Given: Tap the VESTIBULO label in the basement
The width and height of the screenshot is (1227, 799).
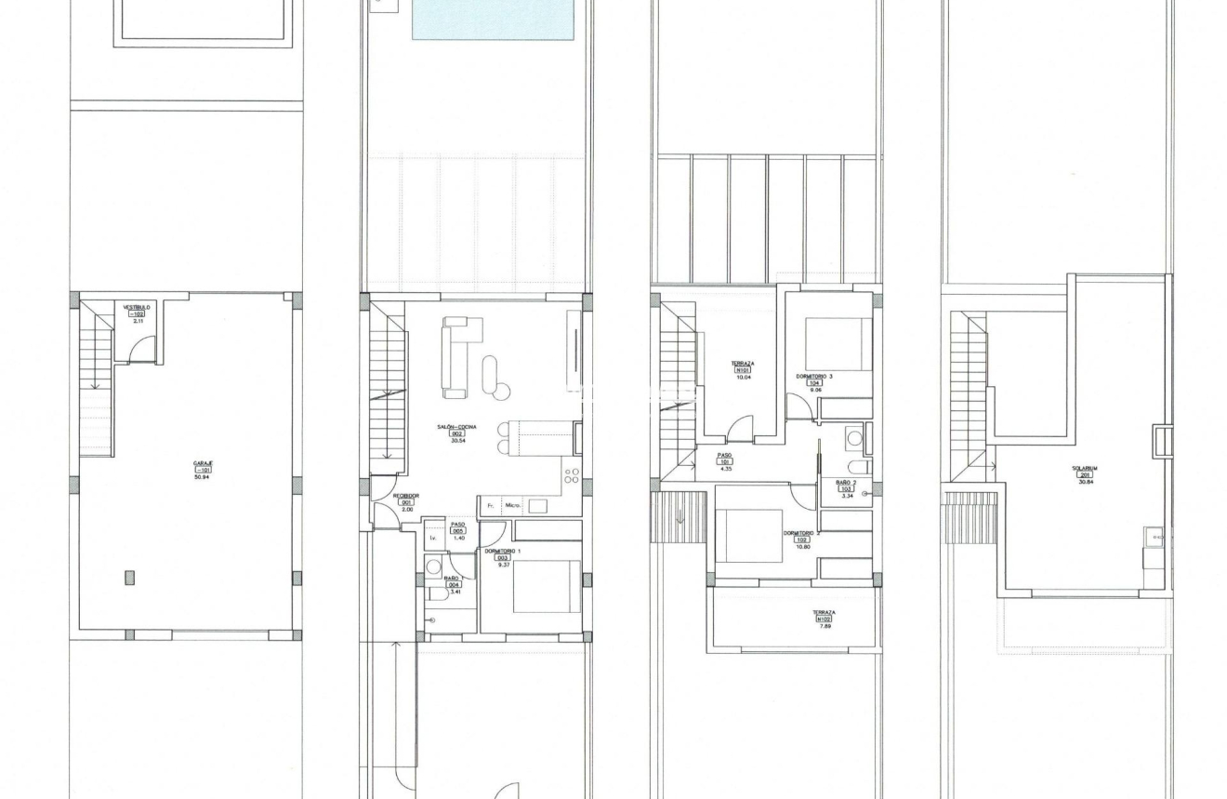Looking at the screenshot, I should (136, 306).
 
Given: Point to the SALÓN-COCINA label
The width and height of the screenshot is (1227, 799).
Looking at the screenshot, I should (457, 427).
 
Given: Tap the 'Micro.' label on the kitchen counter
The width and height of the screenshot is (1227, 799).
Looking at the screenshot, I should (512, 506).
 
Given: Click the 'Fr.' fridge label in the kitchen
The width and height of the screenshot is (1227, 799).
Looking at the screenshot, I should (489, 506).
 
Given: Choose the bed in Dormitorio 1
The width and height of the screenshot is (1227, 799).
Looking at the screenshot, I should (547, 586).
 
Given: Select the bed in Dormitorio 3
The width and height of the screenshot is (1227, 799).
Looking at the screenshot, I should (838, 345).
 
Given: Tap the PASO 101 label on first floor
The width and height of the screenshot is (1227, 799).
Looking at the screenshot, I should (724, 456).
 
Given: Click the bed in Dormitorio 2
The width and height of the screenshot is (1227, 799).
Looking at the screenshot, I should (749, 537).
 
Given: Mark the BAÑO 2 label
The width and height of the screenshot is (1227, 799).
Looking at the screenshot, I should (844, 483).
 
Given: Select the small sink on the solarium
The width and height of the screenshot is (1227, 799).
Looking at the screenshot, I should (1154, 535).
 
